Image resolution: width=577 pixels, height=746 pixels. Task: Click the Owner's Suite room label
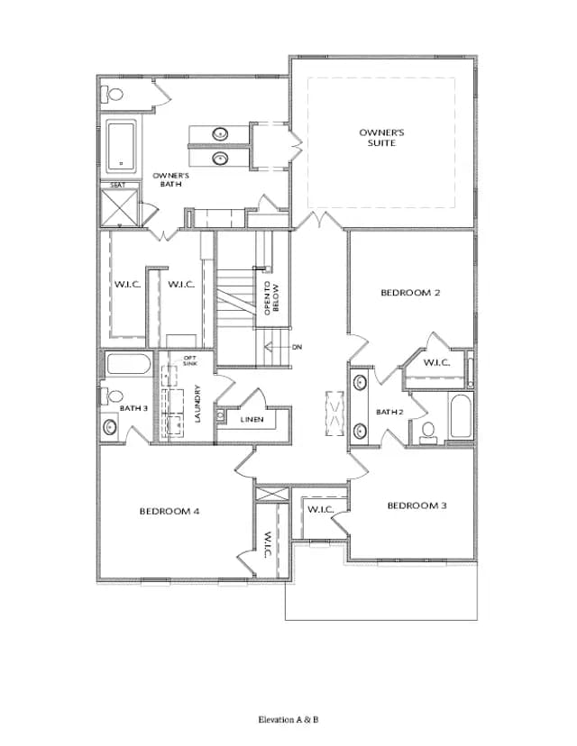pyautogui.click(x=381, y=138)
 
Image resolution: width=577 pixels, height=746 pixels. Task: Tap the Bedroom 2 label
pyautogui.click(x=410, y=293)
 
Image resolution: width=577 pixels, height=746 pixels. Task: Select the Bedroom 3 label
pyautogui.click(x=417, y=505)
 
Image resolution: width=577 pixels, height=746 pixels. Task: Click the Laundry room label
pyautogui.click(x=198, y=404)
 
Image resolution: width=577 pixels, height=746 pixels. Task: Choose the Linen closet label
pyautogui.click(x=252, y=420)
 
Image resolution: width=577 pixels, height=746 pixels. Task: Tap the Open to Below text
pyautogui.click(x=271, y=298)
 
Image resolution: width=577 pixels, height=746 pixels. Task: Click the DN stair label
pyautogui.click(x=298, y=347)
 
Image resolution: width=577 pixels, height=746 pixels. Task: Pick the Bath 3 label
pyautogui.click(x=133, y=408)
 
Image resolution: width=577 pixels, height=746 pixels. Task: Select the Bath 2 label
pyautogui.click(x=389, y=412)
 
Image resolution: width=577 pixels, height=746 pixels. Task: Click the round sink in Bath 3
pyautogui.click(x=111, y=427)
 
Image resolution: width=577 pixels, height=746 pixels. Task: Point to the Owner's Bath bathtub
pyautogui.click(x=122, y=146)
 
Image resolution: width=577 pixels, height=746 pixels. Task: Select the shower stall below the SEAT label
pyautogui.click(x=120, y=207)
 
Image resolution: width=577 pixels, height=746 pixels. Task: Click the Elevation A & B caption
pyautogui.click(x=288, y=719)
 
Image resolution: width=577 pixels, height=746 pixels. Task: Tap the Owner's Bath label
pyautogui.click(x=171, y=180)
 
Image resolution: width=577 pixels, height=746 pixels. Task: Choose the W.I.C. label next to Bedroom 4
pyautogui.click(x=267, y=544)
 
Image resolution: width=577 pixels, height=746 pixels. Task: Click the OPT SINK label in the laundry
pyautogui.click(x=190, y=360)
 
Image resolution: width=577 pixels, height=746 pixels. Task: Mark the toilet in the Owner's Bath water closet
pyautogui.click(x=113, y=94)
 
